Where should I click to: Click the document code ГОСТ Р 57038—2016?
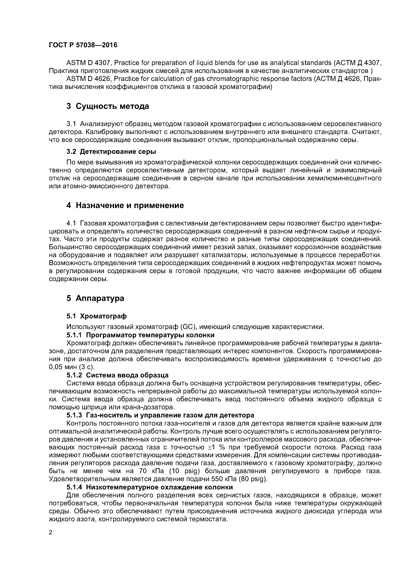point(83,45)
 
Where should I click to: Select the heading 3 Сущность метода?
point(108,106)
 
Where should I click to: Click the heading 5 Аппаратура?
point(95,298)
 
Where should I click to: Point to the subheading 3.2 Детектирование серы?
point(111,152)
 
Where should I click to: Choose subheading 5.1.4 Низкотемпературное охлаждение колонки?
point(149,487)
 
